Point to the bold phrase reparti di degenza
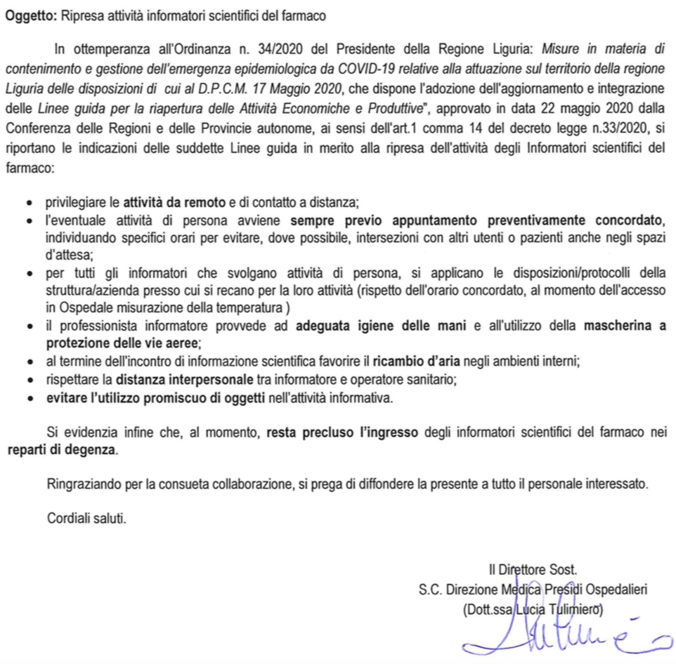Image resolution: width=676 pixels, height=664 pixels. coord(60,449)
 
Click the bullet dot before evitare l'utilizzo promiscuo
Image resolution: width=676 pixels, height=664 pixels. coord(27,399)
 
